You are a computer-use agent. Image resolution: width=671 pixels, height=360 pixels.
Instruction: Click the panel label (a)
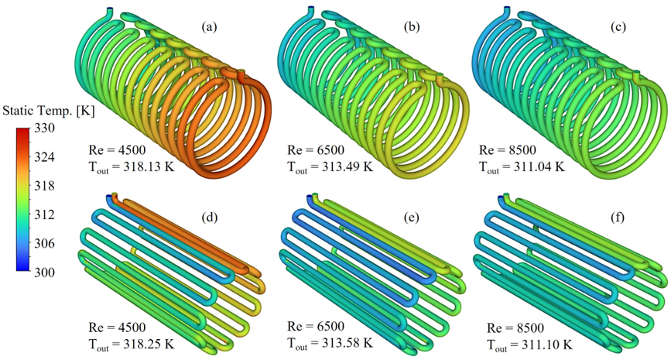pos(209,27)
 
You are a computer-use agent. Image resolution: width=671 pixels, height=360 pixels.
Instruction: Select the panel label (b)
pos(412,27)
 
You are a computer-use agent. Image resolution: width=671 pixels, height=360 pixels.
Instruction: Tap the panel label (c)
pos(618,27)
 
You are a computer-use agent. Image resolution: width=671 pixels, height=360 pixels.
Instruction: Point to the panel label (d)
pos(209,218)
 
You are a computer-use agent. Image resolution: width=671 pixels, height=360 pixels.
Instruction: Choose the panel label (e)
pos(412,218)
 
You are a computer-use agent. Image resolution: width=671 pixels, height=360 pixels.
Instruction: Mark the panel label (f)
pos(617,218)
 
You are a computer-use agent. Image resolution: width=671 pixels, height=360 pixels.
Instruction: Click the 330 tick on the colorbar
pos(45,128)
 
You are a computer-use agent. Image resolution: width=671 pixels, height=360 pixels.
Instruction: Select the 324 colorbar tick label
pos(45,157)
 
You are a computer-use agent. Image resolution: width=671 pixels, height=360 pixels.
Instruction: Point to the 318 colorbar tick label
pos(45,186)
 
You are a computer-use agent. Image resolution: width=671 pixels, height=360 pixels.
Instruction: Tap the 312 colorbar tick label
pos(45,214)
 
